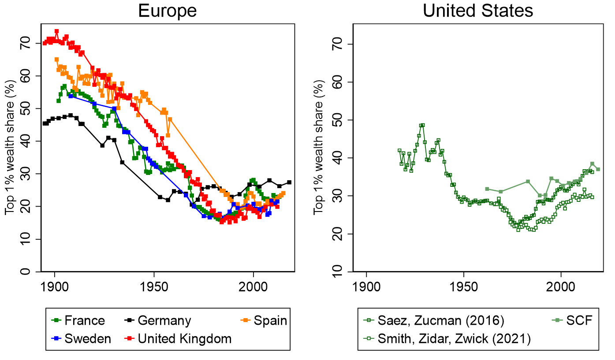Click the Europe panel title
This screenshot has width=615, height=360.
pyautogui.click(x=167, y=11)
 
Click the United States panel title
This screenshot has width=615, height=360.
pyautogui.click(x=478, y=11)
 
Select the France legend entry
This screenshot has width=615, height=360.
pyautogui.click(x=84, y=320)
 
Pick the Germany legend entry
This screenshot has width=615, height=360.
pyautogui.click(x=164, y=320)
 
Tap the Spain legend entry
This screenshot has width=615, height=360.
pyautogui.click(x=270, y=320)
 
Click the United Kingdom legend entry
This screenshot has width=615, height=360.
pyautogui.click(x=184, y=338)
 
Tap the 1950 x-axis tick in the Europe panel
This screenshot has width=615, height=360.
pyautogui.click(x=154, y=285)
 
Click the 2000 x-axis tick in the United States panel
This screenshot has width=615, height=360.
pyautogui.click(x=561, y=285)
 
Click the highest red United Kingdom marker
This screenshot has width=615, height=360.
pyautogui.click(x=56, y=31)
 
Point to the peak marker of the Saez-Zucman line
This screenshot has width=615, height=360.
pyautogui.click(x=422, y=125)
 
